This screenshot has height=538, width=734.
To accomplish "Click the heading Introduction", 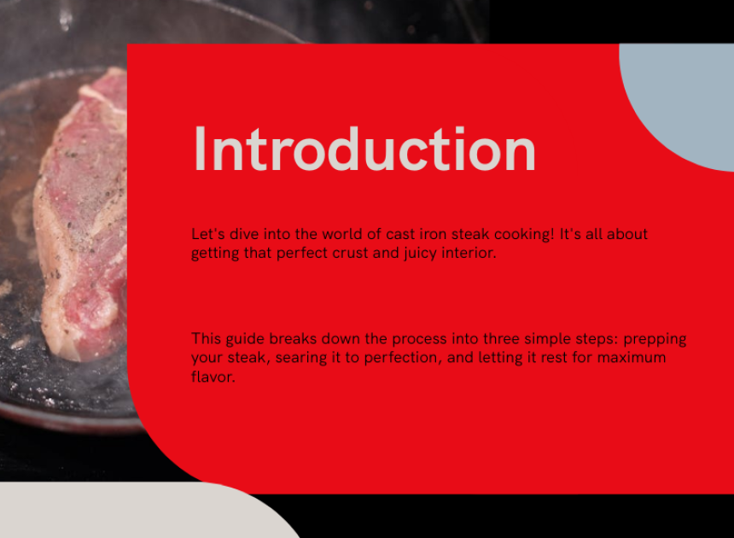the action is click(364, 149).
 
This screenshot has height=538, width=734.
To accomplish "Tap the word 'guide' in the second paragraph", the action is click(245, 339).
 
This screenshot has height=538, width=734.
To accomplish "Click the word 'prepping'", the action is click(655, 339).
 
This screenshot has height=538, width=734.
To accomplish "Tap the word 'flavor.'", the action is click(213, 377).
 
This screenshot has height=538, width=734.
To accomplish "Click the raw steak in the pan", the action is click(82, 215).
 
